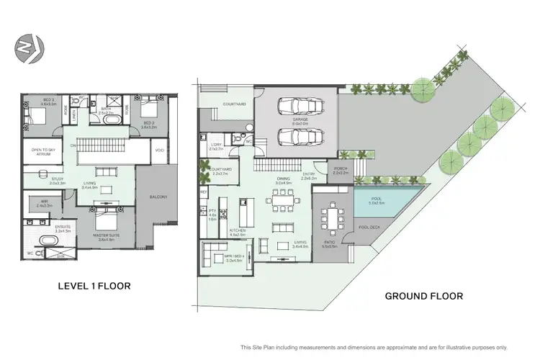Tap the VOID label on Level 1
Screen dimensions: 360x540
(159, 150)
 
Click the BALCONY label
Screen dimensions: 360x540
(159, 197)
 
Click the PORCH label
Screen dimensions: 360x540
(341, 170)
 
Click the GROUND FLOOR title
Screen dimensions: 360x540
(423, 295)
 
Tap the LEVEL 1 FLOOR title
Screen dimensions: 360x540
(94, 286)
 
